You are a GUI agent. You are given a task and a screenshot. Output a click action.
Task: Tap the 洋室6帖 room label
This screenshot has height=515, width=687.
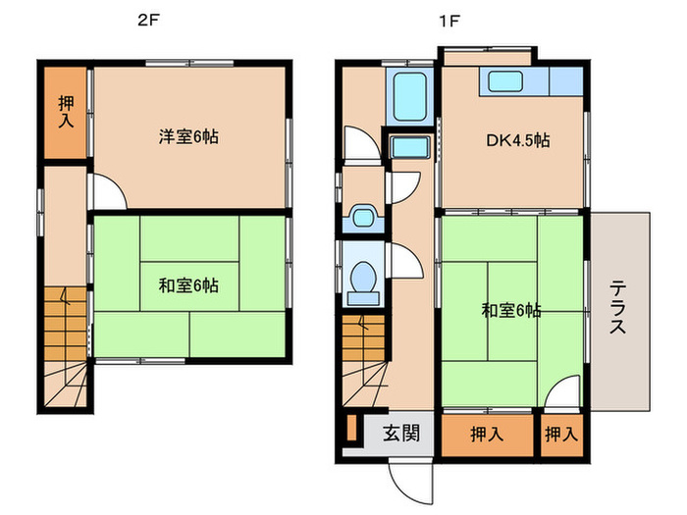[x=188, y=137]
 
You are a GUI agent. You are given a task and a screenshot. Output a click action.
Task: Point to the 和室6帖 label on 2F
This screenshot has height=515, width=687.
[x=188, y=286]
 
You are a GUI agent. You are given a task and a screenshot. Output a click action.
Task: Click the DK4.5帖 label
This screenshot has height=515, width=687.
[x=516, y=140]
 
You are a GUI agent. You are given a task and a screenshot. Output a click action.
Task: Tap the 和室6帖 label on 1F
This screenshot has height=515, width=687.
[x=510, y=311]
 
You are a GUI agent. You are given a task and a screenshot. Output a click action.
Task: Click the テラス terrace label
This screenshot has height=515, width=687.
[x=619, y=308]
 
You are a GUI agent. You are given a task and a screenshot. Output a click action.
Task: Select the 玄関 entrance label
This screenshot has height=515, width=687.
[x=401, y=433]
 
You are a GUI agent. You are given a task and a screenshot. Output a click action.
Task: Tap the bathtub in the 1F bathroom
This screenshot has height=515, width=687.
[x=406, y=97]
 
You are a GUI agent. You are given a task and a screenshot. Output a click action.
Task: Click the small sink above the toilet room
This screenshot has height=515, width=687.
[x=361, y=217]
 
